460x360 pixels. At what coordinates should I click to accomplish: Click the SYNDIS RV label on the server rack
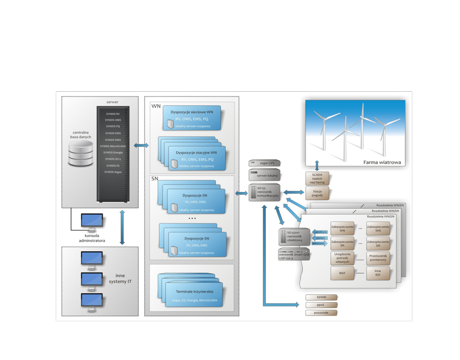pyautogui.click(x=112, y=114)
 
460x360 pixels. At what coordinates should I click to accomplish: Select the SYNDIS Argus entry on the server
pyautogui.click(x=112, y=172)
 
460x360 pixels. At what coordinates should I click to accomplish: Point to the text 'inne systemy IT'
pyautogui.click(x=120, y=279)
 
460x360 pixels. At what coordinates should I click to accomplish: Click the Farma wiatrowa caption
pyautogui.click(x=382, y=162)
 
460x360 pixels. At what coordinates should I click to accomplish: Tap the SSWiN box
pyautogui.click(x=321, y=297)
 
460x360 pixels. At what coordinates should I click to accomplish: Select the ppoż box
pyautogui.click(x=321, y=305)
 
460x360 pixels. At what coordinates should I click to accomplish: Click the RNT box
pyautogui.click(x=342, y=273)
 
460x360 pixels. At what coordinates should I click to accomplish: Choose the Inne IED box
pyautogui.click(x=378, y=273)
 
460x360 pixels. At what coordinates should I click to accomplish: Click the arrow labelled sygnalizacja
pyautogui.click(x=320, y=232)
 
